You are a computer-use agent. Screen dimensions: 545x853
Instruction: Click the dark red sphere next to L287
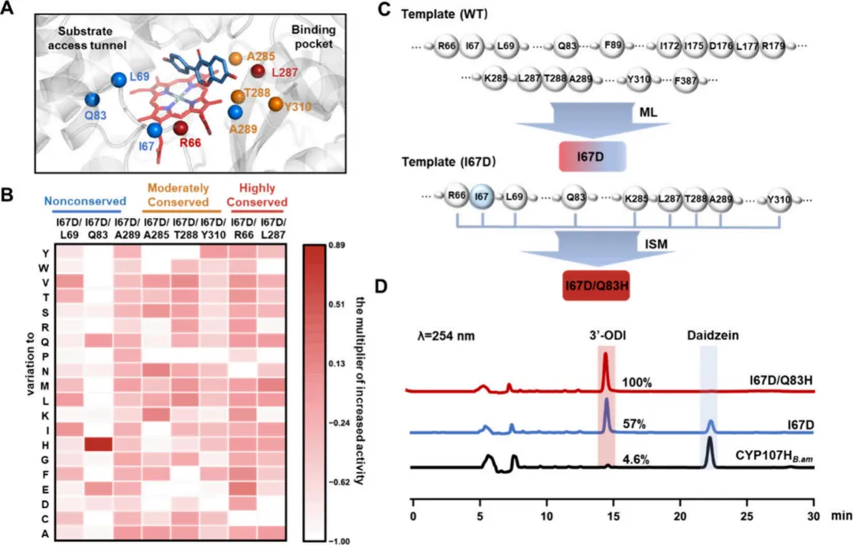point(258,73)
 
